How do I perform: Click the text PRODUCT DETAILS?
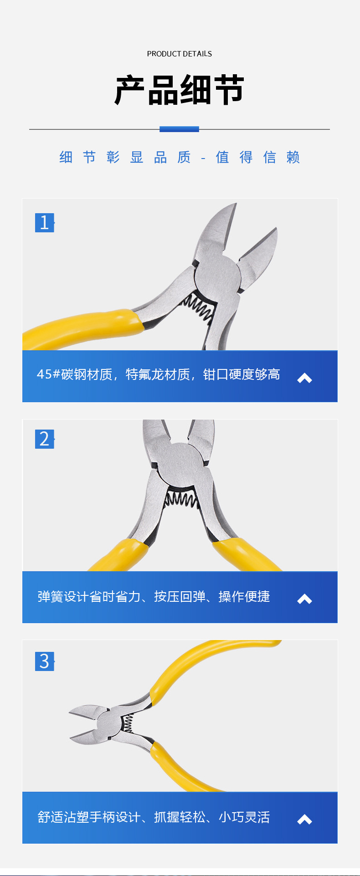(x=180, y=54)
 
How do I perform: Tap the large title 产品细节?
(x=180, y=90)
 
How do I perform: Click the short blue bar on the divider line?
(x=179, y=129)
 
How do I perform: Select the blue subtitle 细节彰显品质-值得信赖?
(x=180, y=157)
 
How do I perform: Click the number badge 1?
(x=45, y=223)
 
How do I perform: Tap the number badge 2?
(x=45, y=439)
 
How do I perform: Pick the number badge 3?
(x=45, y=661)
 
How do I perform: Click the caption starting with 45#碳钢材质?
(x=158, y=374)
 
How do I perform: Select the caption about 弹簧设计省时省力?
(x=154, y=596)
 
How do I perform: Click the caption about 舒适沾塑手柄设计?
(x=154, y=817)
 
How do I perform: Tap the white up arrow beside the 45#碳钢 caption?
(x=304, y=378)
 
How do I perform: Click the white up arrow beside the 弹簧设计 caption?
(x=304, y=599)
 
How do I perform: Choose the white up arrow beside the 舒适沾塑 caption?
(x=304, y=820)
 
